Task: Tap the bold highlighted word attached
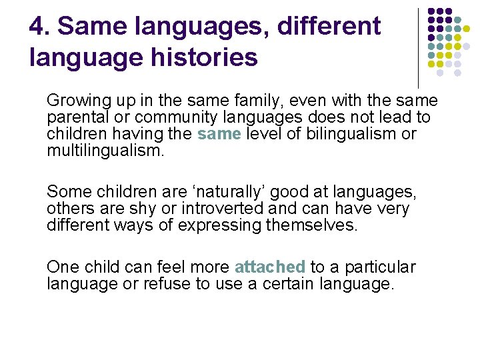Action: point(270,267)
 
